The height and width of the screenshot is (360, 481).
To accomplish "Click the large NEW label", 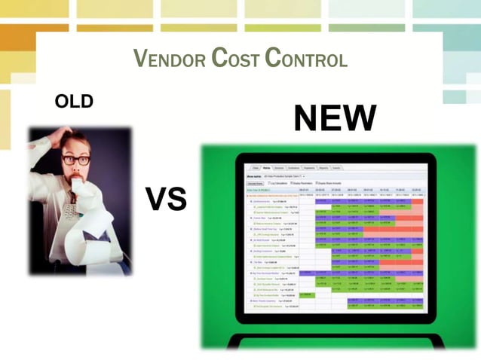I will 335,118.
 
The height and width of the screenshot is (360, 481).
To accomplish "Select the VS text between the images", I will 165,200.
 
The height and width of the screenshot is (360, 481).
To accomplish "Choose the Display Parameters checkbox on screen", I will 294,183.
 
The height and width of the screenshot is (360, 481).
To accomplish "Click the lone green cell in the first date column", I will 307,294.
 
